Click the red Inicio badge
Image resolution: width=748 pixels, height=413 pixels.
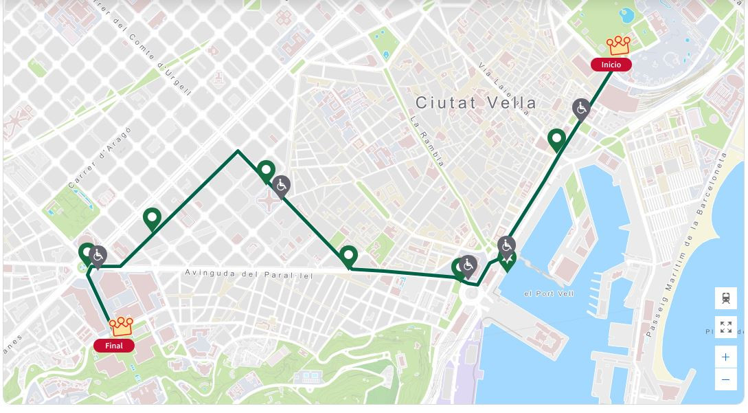[611, 65]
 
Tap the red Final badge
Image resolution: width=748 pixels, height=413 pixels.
[113, 346]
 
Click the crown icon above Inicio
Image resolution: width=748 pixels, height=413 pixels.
[618, 46]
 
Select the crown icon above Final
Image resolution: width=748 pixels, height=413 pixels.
[122, 326]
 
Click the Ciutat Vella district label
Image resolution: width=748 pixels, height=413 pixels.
[476, 103]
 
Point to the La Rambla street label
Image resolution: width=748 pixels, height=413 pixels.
[427, 140]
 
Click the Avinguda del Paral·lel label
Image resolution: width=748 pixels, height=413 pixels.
[249, 274]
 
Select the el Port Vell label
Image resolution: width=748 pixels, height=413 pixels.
[549, 293]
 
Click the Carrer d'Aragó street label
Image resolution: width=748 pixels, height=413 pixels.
[100, 157]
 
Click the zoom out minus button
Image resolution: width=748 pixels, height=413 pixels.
[725, 379]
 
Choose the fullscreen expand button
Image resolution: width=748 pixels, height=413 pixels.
[725, 326]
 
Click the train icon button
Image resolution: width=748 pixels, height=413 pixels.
[725, 298]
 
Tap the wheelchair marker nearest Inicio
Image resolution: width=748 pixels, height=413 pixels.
[581, 109]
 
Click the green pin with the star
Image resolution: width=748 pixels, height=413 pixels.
[507, 260]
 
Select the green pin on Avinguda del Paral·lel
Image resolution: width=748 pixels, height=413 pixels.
[349, 256]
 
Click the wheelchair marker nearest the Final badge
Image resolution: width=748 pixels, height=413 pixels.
[98, 256]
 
